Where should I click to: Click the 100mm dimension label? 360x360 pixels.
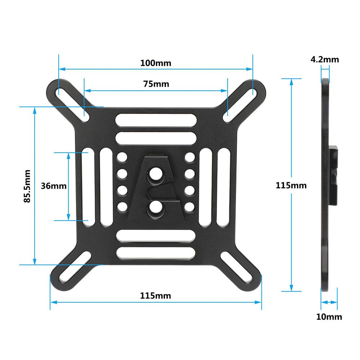pos(156,63)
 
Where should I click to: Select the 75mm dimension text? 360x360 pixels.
pos(156,84)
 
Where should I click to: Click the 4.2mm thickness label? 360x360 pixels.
pos(325,59)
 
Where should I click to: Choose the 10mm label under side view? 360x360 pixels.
pos(329,317)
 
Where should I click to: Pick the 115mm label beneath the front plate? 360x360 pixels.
pos(156,296)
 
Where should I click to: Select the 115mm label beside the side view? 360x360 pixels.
pos(291,186)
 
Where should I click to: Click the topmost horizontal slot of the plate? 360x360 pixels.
pos(156,120)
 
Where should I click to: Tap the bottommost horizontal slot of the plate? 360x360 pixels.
pos(156,252)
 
